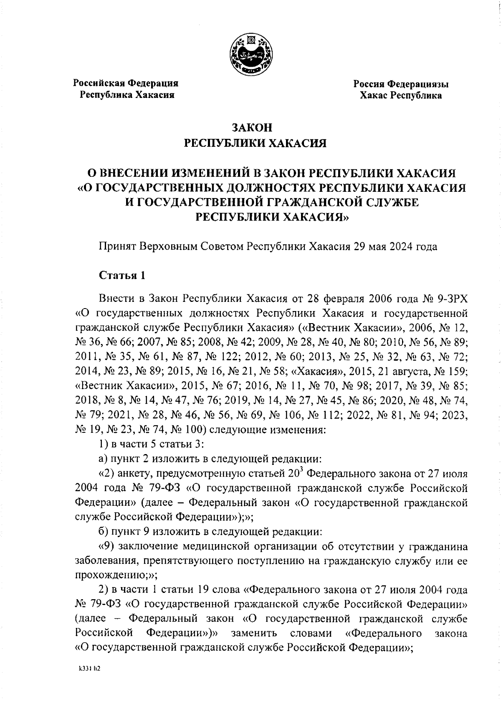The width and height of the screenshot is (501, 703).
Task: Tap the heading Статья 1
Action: [122, 276]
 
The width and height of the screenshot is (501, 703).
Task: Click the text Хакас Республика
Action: [401, 96]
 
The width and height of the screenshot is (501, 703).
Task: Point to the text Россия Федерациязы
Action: [401, 84]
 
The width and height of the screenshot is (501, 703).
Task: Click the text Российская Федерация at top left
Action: [126, 83]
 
